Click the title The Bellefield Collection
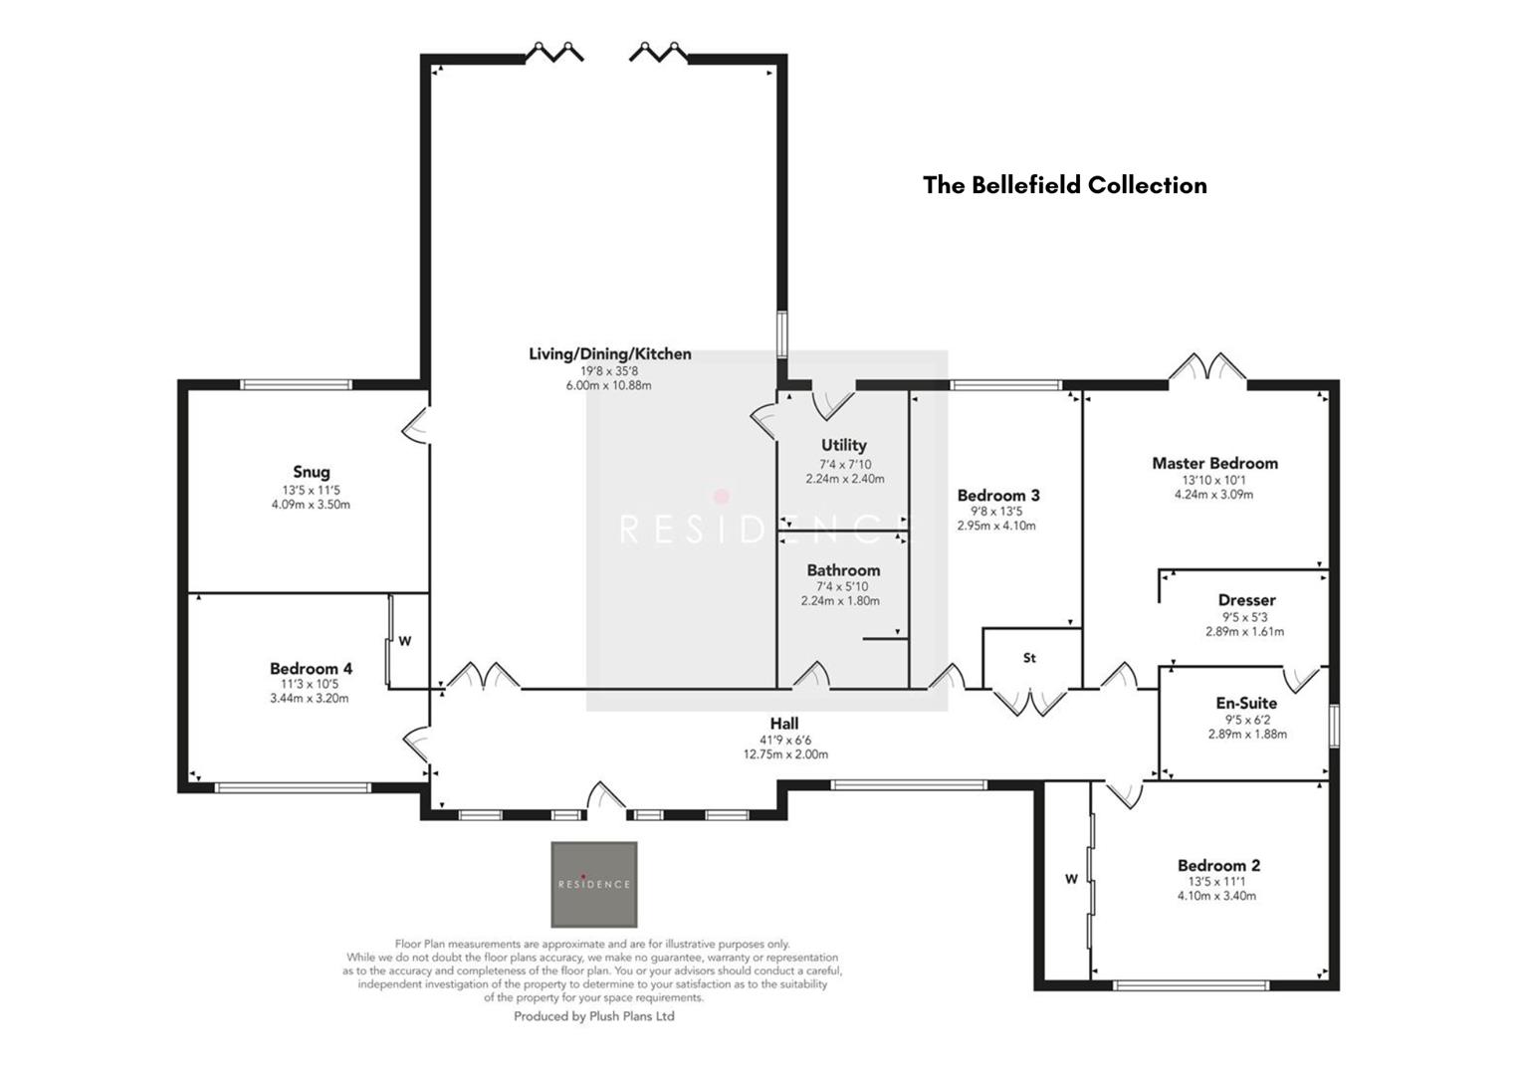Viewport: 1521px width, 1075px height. [x=1064, y=185]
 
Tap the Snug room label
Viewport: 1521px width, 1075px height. [x=311, y=472]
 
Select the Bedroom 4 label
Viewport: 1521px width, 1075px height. [x=311, y=669]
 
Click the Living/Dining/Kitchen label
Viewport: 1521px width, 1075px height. [x=609, y=354]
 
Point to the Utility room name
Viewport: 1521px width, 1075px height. [x=843, y=445]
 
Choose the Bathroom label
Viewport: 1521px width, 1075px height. [x=843, y=570]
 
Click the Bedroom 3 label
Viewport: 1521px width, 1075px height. [x=998, y=496]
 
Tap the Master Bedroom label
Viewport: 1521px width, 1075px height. [x=1214, y=463]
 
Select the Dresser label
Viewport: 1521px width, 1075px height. [x=1246, y=600]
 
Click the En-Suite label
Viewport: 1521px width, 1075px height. [x=1246, y=703]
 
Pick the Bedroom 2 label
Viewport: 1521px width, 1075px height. [x=1218, y=866]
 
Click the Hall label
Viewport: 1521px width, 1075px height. [x=783, y=724]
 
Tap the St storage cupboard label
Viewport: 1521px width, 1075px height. [x=1029, y=658]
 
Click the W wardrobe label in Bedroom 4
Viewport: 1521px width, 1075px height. [x=405, y=642]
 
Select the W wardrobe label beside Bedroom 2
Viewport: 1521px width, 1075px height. [x=1071, y=879]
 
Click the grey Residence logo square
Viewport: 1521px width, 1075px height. [x=594, y=884]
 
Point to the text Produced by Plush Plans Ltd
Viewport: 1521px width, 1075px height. [x=593, y=1016]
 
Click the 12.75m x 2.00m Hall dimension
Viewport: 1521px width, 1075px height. [x=785, y=754]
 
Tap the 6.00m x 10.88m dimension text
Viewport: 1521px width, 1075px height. [x=608, y=385]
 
